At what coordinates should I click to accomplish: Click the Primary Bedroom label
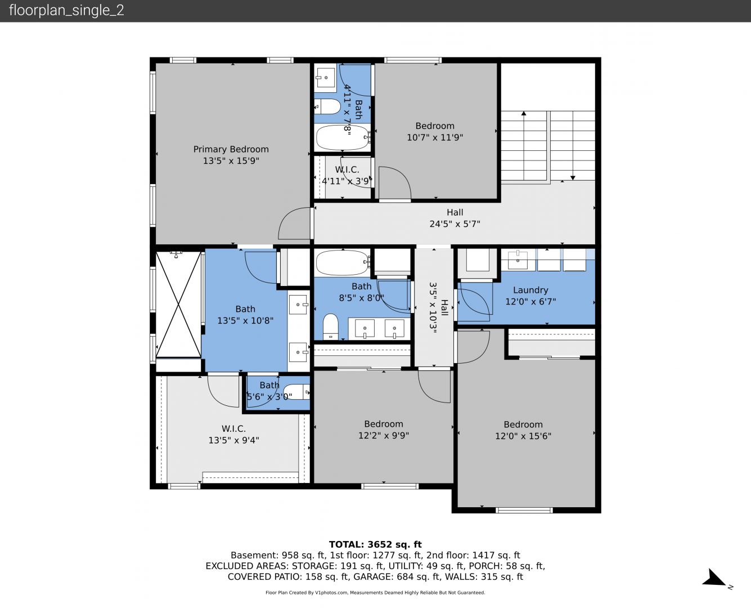231,149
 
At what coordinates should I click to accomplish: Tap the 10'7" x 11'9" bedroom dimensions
435,137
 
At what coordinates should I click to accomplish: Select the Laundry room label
530,290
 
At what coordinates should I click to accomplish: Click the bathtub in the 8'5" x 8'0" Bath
343,262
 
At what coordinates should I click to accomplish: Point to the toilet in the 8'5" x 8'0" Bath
330,327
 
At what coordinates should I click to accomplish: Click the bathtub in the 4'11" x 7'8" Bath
343,137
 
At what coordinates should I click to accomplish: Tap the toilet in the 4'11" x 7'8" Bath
328,106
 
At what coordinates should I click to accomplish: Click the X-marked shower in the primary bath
178,304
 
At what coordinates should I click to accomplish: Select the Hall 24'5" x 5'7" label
455,218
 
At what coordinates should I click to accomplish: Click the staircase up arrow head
524,113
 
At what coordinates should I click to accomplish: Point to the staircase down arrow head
573,178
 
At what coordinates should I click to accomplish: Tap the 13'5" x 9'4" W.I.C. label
234,435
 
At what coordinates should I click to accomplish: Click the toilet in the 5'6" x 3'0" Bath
296,392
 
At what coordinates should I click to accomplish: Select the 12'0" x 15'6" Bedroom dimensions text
523,436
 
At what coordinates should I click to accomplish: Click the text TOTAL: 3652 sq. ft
376,544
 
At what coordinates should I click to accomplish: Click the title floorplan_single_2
66,11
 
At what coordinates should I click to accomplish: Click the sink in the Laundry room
518,260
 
